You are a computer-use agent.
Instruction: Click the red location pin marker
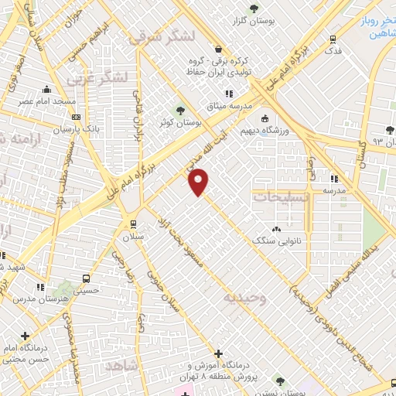coord(199,181)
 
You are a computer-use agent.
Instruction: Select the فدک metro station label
coord(333,50)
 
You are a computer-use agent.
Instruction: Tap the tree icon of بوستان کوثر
coord(181,109)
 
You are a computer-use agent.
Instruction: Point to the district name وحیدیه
coord(244,298)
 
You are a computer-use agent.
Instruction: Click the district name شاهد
coord(124,364)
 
